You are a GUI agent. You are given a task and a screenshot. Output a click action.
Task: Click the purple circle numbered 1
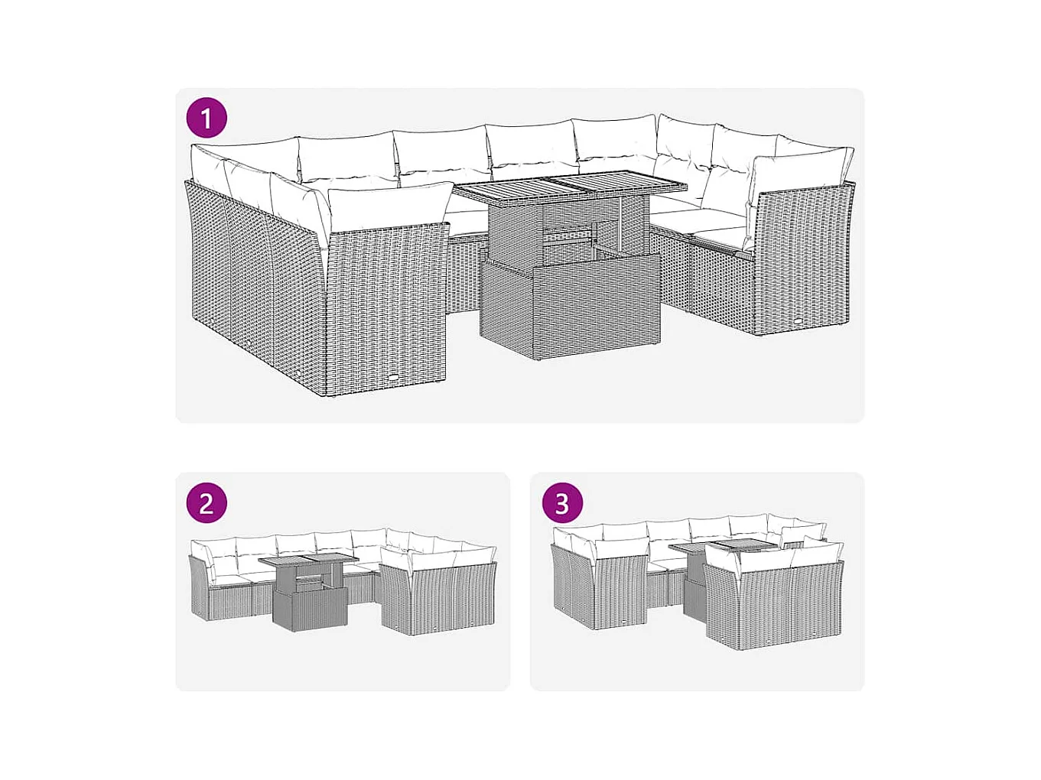(207, 118)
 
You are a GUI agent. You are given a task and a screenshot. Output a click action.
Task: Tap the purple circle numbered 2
(207, 503)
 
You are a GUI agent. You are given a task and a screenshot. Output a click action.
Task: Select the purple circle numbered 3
(562, 503)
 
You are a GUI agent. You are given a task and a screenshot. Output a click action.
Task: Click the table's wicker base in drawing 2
(311, 609)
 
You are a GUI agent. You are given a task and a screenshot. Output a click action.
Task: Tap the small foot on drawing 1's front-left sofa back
(394, 378)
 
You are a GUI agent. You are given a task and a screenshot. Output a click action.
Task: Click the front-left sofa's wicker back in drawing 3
(620, 593)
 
